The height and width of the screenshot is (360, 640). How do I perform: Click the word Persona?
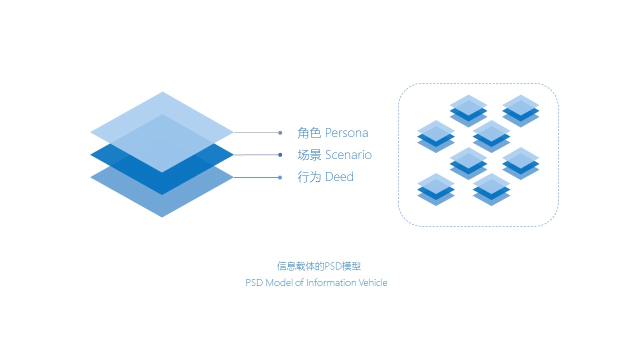[346, 133]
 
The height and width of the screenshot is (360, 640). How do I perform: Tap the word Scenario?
[348, 155]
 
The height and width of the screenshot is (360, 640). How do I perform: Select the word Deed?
[339, 177]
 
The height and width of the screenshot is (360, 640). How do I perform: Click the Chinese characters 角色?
[309, 133]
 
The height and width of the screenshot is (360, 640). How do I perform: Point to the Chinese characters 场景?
[309, 155]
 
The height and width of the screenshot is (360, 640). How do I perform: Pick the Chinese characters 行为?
[309, 177]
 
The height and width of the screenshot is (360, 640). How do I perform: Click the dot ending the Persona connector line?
[280, 132]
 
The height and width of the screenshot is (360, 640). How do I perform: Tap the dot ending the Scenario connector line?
[280, 155]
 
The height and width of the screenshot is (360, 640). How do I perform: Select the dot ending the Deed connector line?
[280, 177]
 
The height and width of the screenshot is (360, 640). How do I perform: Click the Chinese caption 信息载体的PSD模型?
[319, 266]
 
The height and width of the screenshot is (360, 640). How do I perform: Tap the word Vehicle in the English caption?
[373, 283]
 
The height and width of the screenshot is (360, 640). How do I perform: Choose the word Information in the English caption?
[331, 283]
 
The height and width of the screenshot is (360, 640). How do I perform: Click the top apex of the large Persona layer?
[162, 92]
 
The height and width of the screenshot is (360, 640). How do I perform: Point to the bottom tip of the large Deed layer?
[162, 217]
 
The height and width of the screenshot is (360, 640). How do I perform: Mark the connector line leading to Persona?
[256, 132]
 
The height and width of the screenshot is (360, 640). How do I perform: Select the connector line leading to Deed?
[256, 177]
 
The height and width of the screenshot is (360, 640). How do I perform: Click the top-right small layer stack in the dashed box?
[520, 111]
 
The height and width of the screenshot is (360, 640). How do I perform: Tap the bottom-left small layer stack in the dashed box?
[436, 189]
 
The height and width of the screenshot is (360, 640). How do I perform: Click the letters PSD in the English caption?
[254, 283]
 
